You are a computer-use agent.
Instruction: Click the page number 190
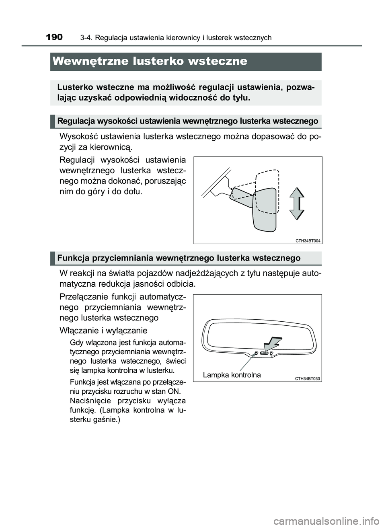coord(54,37)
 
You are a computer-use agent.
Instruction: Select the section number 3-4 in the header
coord(85,38)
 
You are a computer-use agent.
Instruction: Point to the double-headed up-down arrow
coord(297,203)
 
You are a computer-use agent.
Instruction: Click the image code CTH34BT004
coord(308,240)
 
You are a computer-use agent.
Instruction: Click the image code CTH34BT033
coord(308,378)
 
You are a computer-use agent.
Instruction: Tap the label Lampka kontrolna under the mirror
coord(232,375)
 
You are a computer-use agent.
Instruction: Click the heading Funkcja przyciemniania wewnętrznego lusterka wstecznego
coord(179,258)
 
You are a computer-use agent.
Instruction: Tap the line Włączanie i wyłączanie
coord(103,331)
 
